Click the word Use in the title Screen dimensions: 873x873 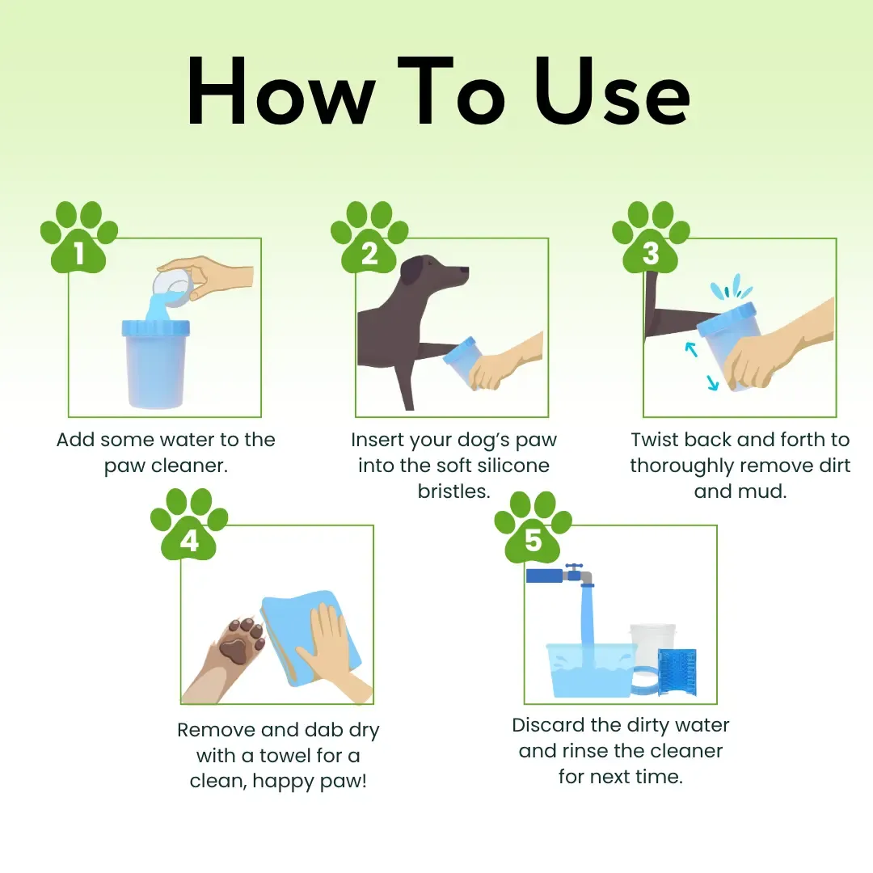612,92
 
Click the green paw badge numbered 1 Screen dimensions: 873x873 79,239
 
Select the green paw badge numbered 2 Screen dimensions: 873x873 369,239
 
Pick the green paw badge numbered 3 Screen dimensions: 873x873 651,239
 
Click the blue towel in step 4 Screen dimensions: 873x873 303,639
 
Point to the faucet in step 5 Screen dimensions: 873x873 566,575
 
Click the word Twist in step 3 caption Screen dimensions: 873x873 655,440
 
